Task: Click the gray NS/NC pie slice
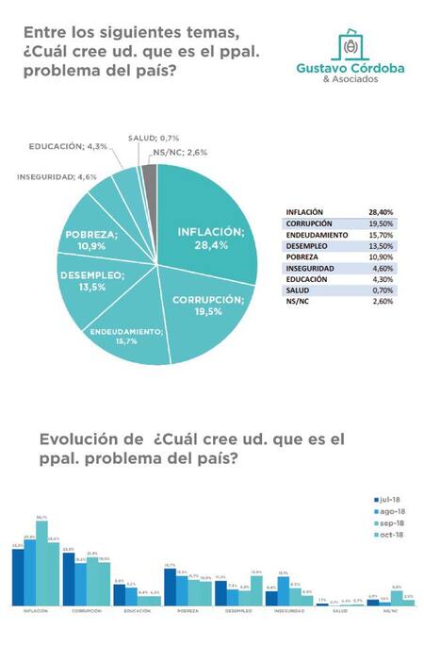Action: pos(149,177)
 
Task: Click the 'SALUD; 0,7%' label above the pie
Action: pos(154,138)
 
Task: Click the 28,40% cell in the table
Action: pos(381,213)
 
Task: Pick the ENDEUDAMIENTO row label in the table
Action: pos(316,235)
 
